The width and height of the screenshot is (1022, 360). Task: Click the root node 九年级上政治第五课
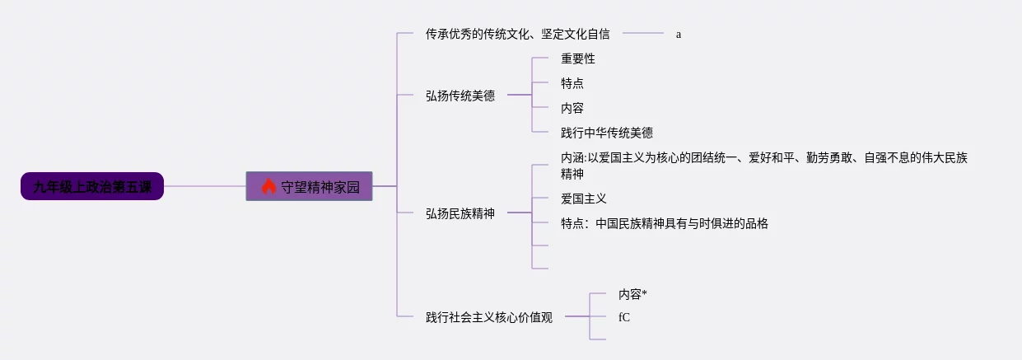pos(92,186)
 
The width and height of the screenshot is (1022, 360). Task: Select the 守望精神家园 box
pos(310,186)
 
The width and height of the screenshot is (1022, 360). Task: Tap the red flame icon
pos(268,186)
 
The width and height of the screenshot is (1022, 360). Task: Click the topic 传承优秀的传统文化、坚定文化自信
pos(518,34)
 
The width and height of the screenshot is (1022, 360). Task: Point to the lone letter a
pos(679,35)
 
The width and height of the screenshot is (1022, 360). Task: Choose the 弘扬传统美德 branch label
pos(460,96)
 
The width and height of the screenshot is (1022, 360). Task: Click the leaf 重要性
pos(578,58)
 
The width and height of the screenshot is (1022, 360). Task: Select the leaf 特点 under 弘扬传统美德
pos(572,83)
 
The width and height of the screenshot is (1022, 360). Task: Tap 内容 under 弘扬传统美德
pos(572,108)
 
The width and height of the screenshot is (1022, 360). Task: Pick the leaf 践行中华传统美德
pos(607,133)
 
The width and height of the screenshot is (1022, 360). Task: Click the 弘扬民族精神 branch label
pos(460,213)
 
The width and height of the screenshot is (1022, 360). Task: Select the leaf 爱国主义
pos(584,199)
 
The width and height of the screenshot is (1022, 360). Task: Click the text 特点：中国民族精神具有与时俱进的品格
pos(664,223)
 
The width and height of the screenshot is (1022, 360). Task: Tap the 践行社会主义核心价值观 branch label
pos(489,316)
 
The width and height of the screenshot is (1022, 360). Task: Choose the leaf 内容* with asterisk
pos(632,293)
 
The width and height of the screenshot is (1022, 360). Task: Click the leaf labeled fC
pos(624,316)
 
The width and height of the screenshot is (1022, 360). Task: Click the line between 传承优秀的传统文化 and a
pos(642,34)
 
